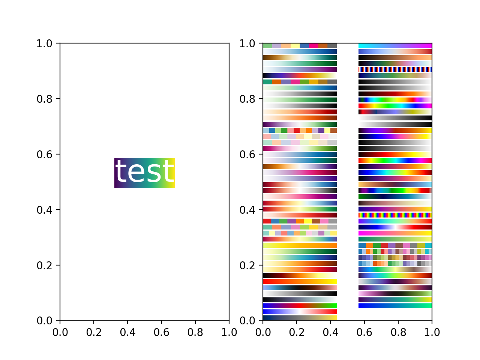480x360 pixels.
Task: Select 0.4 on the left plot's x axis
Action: click(127, 332)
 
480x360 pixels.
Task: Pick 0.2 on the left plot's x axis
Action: click(94, 332)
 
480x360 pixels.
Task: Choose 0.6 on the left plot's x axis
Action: click(161, 332)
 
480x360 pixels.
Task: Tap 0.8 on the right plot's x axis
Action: click(398, 332)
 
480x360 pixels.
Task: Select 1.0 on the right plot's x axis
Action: click(432, 332)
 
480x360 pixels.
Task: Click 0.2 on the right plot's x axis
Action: click(297, 332)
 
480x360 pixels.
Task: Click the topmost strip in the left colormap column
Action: click(300, 45)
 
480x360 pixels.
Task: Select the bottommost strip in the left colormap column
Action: click(300, 318)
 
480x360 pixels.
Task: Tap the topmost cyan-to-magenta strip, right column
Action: click(395, 45)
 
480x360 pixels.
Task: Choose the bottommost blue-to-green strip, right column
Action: click(395, 306)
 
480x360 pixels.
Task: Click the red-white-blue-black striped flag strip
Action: click(395, 70)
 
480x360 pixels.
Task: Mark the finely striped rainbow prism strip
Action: click(395, 215)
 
